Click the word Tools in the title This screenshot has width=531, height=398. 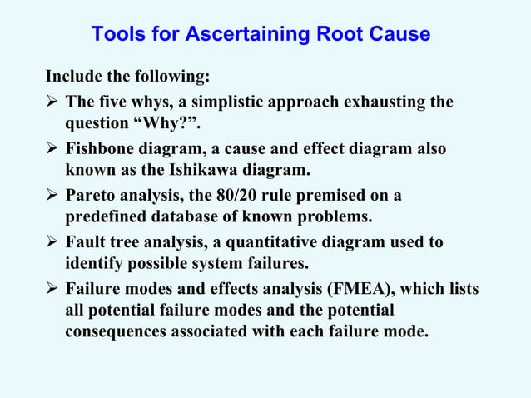point(117,35)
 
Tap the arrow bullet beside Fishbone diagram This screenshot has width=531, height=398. point(52,150)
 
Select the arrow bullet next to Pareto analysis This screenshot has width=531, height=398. point(52,197)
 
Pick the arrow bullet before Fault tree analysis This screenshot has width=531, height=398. point(52,243)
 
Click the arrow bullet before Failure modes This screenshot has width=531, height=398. point(52,290)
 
